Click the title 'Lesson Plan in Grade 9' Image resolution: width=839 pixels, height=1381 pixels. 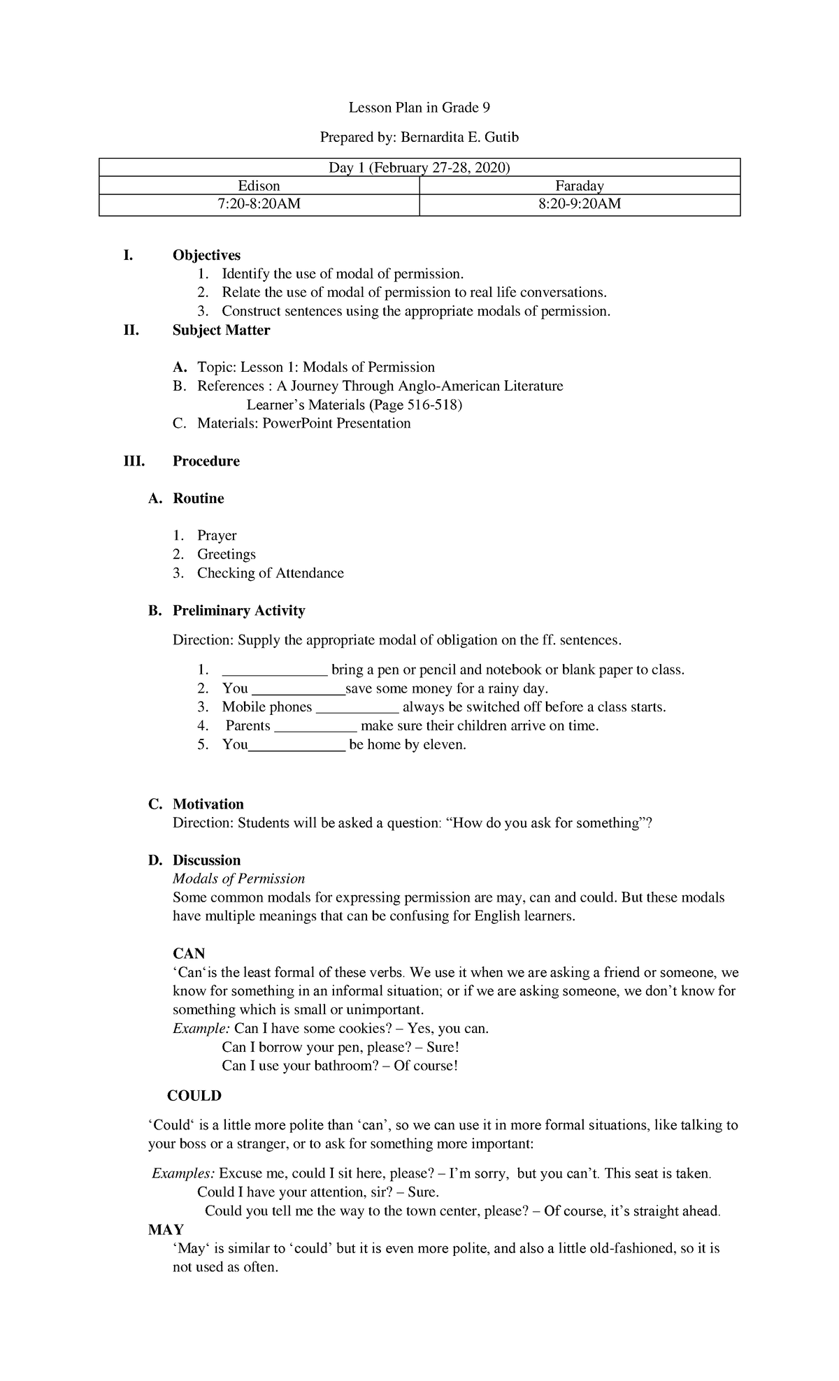click(419, 108)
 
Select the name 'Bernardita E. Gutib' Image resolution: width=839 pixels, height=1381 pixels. click(459, 138)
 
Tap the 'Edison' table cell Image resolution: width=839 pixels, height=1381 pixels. click(259, 186)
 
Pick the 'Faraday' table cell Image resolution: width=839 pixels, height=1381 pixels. click(580, 186)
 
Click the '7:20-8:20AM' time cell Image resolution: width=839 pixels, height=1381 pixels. click(259, 204)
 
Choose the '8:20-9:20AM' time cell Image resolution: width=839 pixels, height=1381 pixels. click(580, 204)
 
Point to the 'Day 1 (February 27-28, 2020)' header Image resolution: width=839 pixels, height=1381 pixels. click(419, 168)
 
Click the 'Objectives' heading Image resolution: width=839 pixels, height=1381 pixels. click(206, 255)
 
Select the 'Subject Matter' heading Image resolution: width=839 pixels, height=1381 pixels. click(221, 330)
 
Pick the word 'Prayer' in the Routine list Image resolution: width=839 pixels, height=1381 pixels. click(217, 535)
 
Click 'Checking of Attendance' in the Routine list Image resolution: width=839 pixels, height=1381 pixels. click(270, 573)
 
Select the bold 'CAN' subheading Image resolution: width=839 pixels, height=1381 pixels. click(189, 954)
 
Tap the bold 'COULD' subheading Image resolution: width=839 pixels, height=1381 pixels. click(194, 1096)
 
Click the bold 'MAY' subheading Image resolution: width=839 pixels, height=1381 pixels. click(166, 1230)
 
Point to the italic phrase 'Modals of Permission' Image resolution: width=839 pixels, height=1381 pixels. click(238, 879)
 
